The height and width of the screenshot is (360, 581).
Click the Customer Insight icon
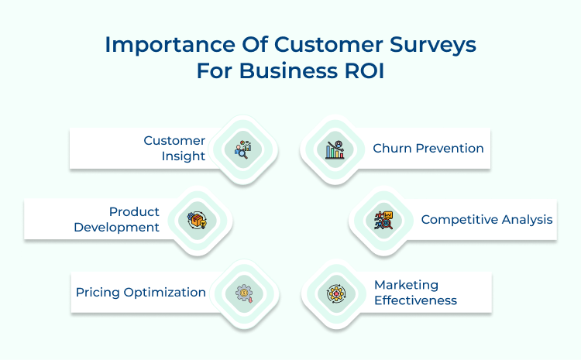point(244,149)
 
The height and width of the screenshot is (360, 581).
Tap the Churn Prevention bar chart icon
point(335,149)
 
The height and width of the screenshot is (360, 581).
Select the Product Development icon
point(198,219)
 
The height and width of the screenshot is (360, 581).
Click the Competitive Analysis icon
point(383,219)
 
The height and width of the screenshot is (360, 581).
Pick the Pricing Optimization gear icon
point(244,293)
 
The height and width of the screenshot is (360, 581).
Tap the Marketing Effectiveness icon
point(335,293)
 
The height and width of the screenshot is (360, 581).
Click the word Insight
point(184,156)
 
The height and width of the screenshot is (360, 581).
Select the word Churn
point(390,148)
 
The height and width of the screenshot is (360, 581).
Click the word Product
point(134,211)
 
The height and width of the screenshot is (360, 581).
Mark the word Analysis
point(526,219)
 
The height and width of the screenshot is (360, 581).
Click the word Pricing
point(98,292)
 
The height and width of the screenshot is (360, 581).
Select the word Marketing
point(406,285)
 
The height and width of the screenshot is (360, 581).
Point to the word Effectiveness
point(415,300)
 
